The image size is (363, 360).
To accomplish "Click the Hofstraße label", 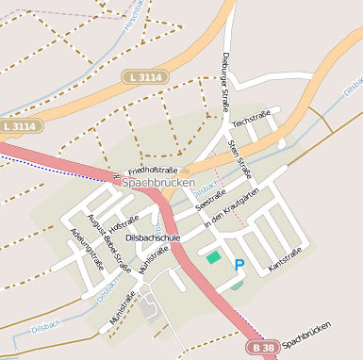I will point(123,224).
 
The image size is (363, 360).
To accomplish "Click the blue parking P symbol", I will point(239,265).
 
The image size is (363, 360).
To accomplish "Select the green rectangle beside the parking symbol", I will point(213,256).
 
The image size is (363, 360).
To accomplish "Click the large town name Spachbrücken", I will point(158,181).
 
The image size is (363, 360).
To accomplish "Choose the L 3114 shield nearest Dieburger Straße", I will point(142,75).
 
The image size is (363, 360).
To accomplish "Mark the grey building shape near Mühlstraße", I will point(149,303).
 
